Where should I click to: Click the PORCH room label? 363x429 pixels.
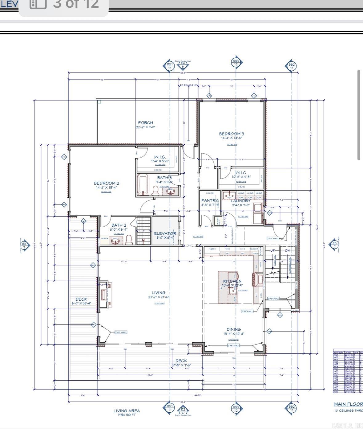145,123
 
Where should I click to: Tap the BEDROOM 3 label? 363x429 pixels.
231,134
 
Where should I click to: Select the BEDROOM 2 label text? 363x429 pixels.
106,183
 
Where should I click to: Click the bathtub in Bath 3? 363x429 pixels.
143,184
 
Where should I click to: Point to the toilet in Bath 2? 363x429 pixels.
129,240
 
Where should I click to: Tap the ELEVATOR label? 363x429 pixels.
165,233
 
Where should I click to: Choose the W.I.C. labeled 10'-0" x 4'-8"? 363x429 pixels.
241,173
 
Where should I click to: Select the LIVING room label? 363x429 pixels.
158,293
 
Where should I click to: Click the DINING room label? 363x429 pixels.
233,329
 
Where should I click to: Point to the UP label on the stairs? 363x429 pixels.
272,250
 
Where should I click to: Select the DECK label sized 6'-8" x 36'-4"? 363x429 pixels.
81,299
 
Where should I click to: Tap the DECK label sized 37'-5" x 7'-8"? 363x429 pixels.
181,361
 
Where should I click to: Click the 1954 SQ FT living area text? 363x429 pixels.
127,415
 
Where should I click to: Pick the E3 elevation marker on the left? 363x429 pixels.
24,245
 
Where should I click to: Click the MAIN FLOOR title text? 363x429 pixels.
348,404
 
